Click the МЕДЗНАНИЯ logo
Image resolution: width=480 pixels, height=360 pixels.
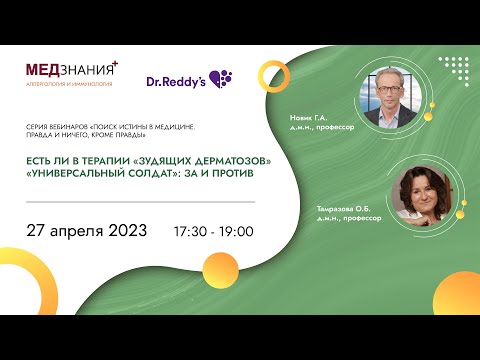[70, 71]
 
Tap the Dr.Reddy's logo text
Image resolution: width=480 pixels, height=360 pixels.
[176, 80]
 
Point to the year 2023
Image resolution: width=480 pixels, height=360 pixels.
[129, 230]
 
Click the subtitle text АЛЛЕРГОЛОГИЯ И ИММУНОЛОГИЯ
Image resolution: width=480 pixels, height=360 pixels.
[68, 85]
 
